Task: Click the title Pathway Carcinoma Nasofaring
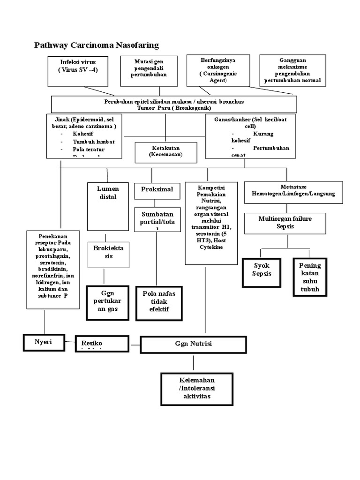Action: [97, 45]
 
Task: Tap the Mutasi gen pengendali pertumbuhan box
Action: [149, 71]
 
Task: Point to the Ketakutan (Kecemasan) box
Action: [165, 151]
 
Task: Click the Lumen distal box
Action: [108, 206]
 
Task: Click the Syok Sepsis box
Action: [262, 271]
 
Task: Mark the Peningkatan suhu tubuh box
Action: [310, 277]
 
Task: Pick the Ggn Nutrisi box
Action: [193, 344]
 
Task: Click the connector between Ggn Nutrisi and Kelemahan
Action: [193, 363]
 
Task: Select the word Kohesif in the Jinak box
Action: [82, 134]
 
